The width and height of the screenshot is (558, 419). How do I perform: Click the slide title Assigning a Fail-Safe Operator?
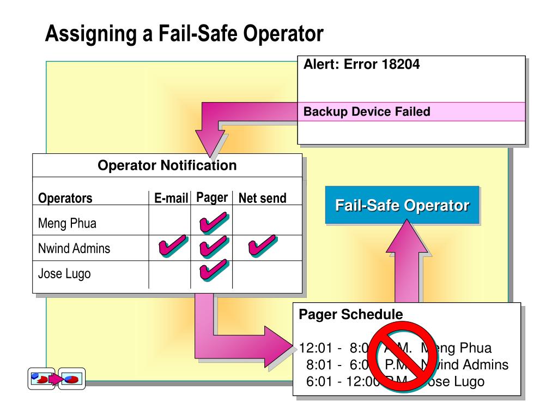click(184, 34)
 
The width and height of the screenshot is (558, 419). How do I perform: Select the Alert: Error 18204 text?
click(361, 64)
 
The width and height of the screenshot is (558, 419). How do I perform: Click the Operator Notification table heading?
click(167, 165)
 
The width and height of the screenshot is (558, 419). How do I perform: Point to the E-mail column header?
click(171, 198)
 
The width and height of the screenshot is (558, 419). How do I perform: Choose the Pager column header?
click(211, 197)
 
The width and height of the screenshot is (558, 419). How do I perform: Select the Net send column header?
click(262, 198)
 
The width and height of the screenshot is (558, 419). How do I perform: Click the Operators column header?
click(65, 198)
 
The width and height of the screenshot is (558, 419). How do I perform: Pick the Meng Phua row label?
click(68, 223)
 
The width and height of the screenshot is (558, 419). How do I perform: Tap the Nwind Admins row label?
click(74, 249)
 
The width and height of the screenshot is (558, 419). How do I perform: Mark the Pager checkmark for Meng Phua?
click(213, 223)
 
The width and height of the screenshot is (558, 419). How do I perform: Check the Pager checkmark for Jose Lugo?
click(213, 270)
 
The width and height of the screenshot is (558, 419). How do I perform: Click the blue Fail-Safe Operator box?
click(402, 206)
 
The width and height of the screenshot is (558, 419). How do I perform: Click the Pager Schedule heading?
click(350, 315)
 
